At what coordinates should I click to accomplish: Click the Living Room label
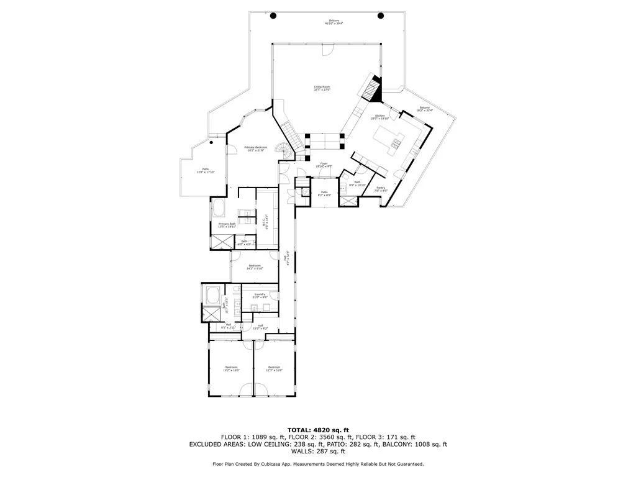tap(322, 88)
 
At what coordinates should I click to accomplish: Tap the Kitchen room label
tap(378, 116)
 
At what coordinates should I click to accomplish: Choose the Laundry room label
tap(260, 296)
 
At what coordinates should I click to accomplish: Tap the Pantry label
tap(381, 189)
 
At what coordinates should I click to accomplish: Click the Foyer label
tap(324, 165)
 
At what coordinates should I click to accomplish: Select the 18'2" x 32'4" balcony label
tap(424, 109)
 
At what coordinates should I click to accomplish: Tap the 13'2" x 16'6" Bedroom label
tap(232, 368)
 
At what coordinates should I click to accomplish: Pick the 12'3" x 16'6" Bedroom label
tap(275, 368)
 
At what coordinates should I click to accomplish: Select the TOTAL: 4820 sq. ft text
tap(318, 430)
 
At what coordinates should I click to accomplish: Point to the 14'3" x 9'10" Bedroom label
tap(255, 267)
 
